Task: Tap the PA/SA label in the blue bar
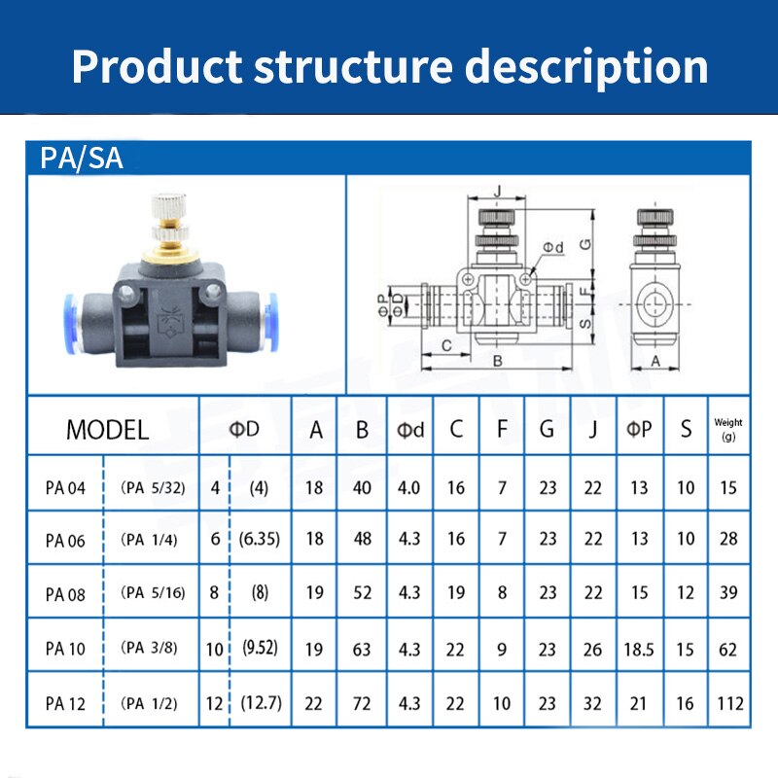[x=82, y=159]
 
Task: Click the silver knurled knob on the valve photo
[x=167, y=208]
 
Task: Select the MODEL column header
[x=107, y=430]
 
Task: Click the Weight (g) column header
[x=728, y=429]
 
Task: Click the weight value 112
[x=728, y=703]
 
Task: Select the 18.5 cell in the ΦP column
[x=639, y=649]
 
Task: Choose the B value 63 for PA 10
[x=362, y=649]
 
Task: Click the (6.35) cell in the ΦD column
[x=260, y=539]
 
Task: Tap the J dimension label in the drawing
[x=496, y=190]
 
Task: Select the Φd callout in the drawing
[x=552, y=247]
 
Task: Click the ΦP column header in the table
[x=639, y=429]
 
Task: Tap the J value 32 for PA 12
[x=592, y=703]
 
